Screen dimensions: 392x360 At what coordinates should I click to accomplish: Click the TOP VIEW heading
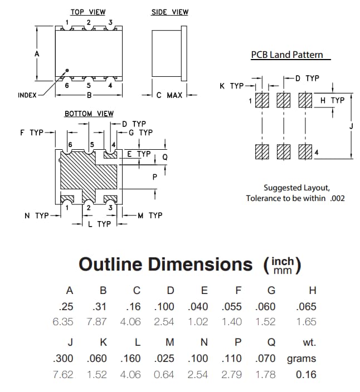tap(87, 12)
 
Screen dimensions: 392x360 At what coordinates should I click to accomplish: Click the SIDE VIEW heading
tap(170, 12)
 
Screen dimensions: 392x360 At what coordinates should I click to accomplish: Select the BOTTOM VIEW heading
tap(89, 114)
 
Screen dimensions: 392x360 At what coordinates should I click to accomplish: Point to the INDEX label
tap(27, 95)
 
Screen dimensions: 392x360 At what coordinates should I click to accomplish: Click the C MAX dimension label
tap(169, 95)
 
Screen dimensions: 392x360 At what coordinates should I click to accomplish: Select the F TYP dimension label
tap(31, 133)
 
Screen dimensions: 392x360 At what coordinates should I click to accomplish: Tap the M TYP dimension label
tap(150, 215)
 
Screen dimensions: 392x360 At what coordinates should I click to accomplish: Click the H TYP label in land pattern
tap(333, 100)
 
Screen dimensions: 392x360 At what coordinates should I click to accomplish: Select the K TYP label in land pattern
tap(232, 86)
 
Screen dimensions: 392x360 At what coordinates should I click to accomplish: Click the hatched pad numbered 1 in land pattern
tap(262, 101)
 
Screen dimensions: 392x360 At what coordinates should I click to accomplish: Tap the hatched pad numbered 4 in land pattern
tap(305, 152)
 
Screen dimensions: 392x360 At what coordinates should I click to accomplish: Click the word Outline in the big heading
tap(110, 264)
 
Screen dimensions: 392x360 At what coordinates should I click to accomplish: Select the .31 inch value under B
tap(103, 306)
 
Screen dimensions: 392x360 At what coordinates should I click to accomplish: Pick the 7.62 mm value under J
tap(63, 374)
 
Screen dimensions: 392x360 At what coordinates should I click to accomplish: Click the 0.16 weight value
tap(306, 374)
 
